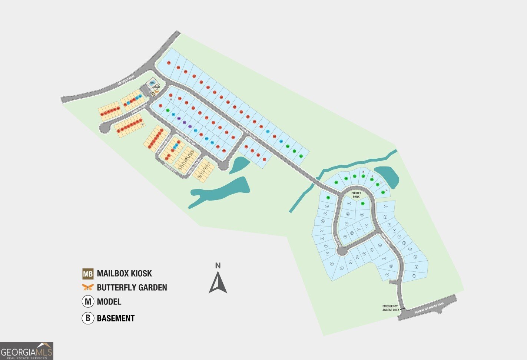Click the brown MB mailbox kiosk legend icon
(88, 274)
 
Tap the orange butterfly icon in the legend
(88, 287)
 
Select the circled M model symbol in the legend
(88, 302)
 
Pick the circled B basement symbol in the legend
(88, 318)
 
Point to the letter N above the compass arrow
(218, 265)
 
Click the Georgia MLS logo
(27, 351)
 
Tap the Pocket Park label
(356, 195)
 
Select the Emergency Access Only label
(391, 308)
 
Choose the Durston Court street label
(139, 108)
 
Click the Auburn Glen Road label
(248, 131)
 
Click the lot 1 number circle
(414, 276)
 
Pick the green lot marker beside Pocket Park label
(363, 203)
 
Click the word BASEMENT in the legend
(116, 318)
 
